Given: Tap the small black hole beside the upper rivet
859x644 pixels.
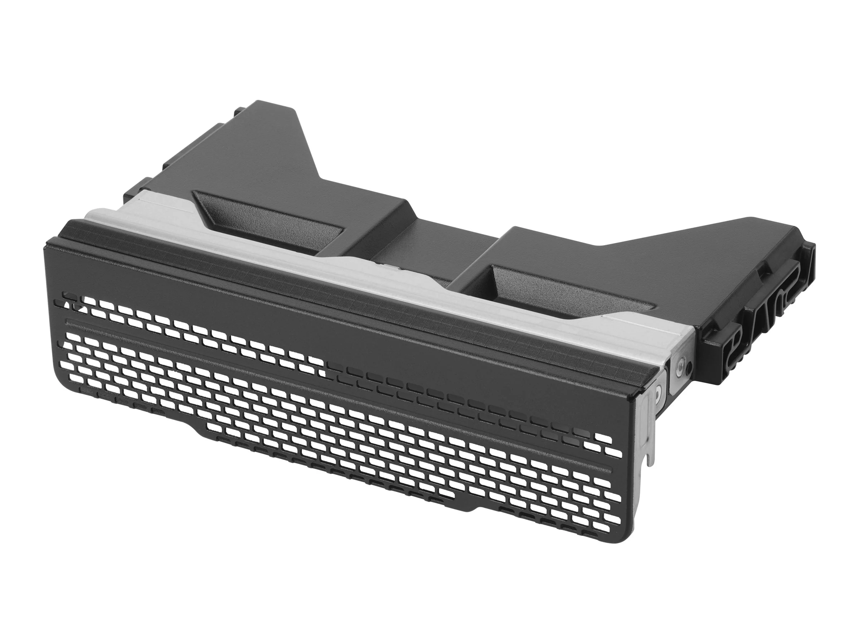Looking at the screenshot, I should point(689,366).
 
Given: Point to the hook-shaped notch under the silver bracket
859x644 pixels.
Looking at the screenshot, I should point(648,460).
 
